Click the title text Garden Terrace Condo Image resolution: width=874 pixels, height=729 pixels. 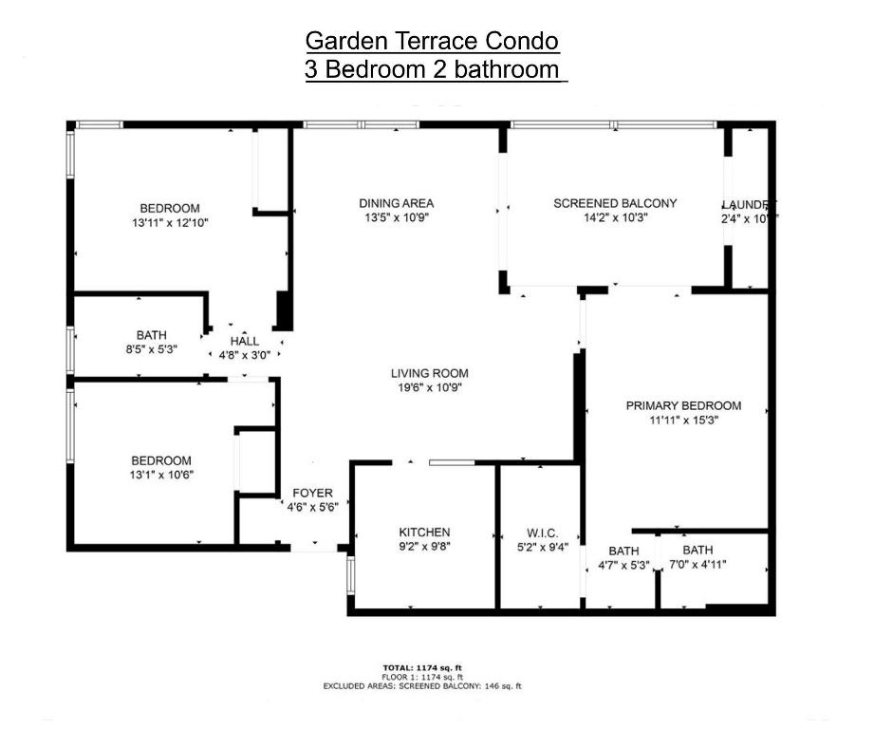pos(432,41)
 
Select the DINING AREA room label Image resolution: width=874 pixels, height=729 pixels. pos(397,203)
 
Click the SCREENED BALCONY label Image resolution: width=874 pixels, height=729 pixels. pos(615,203)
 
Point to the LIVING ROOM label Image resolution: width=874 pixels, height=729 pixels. pos(430,373)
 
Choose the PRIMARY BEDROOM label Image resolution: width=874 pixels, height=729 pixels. pos(683,406)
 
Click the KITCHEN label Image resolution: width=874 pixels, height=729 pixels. pos(424,533)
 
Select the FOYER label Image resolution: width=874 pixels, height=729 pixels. pos(312,493)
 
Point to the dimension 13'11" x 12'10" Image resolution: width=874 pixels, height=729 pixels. pos(170,223)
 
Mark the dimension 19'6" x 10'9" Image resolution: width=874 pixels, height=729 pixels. pos(430,387)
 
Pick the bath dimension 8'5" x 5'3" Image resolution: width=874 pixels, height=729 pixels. pos(152,349)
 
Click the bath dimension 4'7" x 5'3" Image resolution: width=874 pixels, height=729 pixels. pos(623,566)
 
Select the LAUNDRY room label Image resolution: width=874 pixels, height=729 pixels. pos(749,205)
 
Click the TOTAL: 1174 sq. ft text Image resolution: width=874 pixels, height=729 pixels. pos(421,667)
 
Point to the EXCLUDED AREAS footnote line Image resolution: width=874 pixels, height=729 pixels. pos(422,685)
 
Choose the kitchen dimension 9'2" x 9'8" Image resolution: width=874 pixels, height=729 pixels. pos(424,547)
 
